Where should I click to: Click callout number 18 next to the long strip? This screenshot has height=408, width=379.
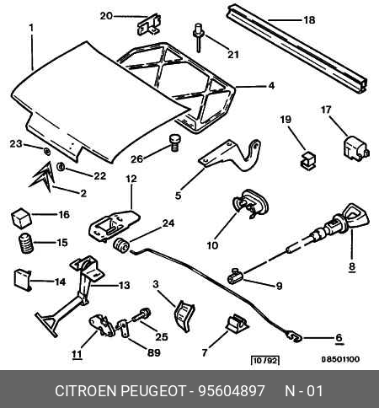(309, 20)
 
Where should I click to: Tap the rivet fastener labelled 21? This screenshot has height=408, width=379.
(198, 37)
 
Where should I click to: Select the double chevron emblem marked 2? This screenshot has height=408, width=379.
(42, 177)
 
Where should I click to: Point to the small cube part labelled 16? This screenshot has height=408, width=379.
(21, 218)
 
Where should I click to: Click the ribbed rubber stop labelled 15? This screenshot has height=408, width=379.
(26, 244)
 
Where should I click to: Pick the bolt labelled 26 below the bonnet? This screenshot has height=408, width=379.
(174, 142)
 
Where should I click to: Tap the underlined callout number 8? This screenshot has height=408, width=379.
(352, 266)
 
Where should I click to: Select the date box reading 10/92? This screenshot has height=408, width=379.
(265, 360)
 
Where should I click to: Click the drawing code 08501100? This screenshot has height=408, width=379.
(340, 359)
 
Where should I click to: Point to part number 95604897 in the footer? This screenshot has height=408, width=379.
(232, 391)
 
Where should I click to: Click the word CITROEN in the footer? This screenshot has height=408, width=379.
(85, 391)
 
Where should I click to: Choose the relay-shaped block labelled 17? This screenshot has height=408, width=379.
(355, 149)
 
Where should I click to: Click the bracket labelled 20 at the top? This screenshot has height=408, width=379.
(149, 24)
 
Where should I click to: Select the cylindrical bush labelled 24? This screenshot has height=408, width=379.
(121, 245)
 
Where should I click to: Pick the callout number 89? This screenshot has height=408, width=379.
(154, 352)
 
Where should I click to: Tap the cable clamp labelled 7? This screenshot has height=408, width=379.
(237, 324)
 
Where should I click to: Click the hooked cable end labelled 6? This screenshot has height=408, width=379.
(294, 336)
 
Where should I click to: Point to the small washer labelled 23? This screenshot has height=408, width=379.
(47, 152)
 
